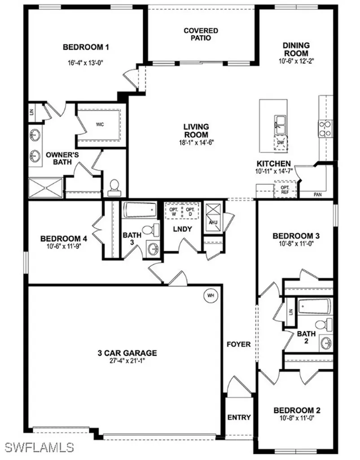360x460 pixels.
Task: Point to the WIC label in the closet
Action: (x=100, y=124)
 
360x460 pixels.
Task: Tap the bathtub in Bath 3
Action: (x=140, y=209)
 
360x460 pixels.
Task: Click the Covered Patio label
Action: (x=200, y=34)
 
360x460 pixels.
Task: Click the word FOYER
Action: (x=239, y=345)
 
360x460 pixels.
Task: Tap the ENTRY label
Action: (x=239, y=417)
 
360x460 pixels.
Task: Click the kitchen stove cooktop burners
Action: (x=325, y=129)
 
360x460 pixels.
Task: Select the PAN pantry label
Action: (x=316, y=195)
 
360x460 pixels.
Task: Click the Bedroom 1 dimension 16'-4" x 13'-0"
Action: (x=86, y=62)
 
